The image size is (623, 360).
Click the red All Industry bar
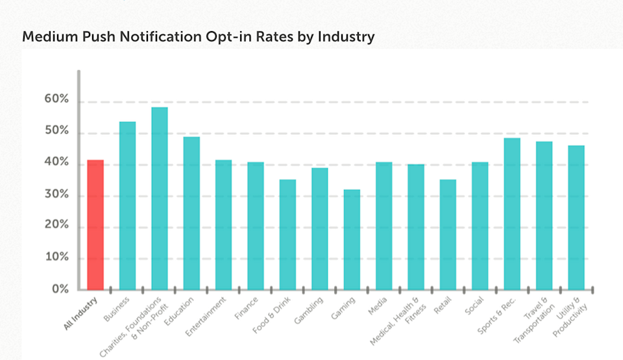95,224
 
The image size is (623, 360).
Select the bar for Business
127,206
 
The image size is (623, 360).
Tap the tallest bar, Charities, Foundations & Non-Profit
160,198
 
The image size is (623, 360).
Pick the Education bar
191,213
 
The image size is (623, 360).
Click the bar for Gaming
352,239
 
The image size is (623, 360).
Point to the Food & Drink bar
287,234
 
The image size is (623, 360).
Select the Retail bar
448,234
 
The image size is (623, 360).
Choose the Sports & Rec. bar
512,213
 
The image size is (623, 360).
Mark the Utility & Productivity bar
576,217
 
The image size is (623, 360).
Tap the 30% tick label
56,195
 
